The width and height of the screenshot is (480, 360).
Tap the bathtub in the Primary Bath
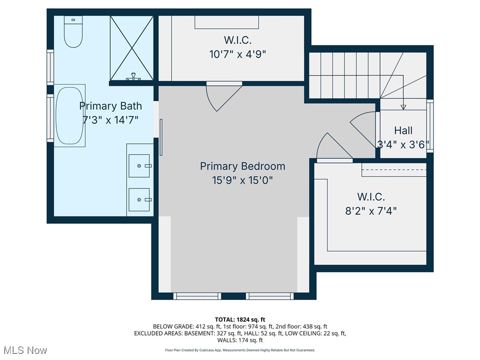point(70,116)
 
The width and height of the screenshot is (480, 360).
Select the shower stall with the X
point(131,48)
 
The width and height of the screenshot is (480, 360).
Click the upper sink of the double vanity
point(139,165)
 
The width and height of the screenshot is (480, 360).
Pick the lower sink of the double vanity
point(139,199)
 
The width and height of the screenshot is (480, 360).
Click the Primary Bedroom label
point(242,166)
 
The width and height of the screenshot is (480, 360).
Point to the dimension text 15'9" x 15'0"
point(242,180)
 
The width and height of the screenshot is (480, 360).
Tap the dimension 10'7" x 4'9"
point(238,54)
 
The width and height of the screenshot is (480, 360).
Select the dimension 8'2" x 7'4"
point(371,210)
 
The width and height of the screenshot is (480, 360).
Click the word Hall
point(403,130)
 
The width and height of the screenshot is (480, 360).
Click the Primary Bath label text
point(110,106)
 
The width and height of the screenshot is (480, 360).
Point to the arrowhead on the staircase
point(403,107)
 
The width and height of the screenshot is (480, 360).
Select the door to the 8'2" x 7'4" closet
point(333,148)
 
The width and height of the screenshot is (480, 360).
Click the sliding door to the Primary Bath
point(161,137)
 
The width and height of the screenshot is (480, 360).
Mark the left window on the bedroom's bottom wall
point(197,296)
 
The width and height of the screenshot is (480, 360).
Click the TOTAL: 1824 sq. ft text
point(240,320)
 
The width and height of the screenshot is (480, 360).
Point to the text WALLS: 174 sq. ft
point(240,340)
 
